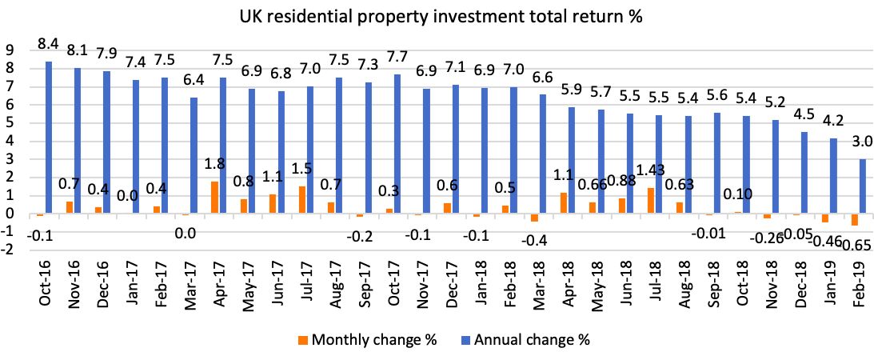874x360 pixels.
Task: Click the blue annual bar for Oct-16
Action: click(49, 138)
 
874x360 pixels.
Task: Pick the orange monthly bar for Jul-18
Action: click(650, 201)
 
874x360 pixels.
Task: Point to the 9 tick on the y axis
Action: click(10, 50)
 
